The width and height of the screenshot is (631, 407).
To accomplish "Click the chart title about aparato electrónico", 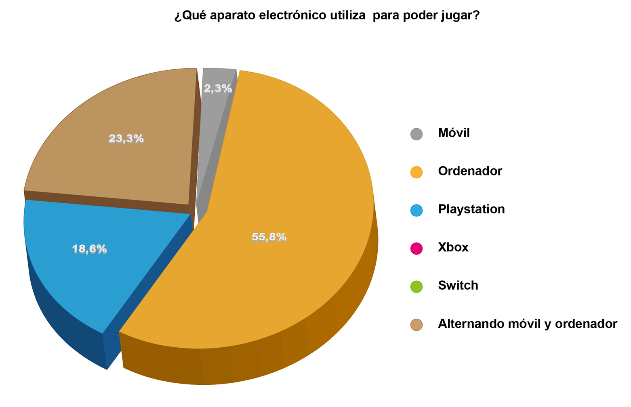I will click(x=327, y=16).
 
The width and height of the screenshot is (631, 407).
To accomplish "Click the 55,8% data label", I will click(x=269, y=237).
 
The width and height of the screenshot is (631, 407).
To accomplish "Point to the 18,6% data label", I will click(x=89, y=249).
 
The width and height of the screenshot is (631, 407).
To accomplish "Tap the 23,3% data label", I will click(x=126, y=139).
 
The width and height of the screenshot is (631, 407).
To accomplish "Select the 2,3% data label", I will click(x=218, y=88).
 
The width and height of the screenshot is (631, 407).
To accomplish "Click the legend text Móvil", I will click(x=454, y=133).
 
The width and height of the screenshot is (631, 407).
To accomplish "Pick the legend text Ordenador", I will click(x=470, y=171).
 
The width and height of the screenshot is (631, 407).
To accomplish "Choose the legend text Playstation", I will click(x=471, y=209).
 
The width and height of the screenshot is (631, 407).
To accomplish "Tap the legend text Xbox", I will click(x=453, y=247).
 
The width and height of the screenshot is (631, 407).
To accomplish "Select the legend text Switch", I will click(x=458, y=286).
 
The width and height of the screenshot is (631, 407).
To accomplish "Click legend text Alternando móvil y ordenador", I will click(x=528, y=324).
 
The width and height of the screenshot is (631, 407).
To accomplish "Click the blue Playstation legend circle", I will click(x=416, y=210).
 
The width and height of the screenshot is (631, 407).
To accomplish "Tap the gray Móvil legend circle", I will click(x=416, y=134).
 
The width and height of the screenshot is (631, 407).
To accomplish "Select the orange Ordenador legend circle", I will click(x=416, y=172).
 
